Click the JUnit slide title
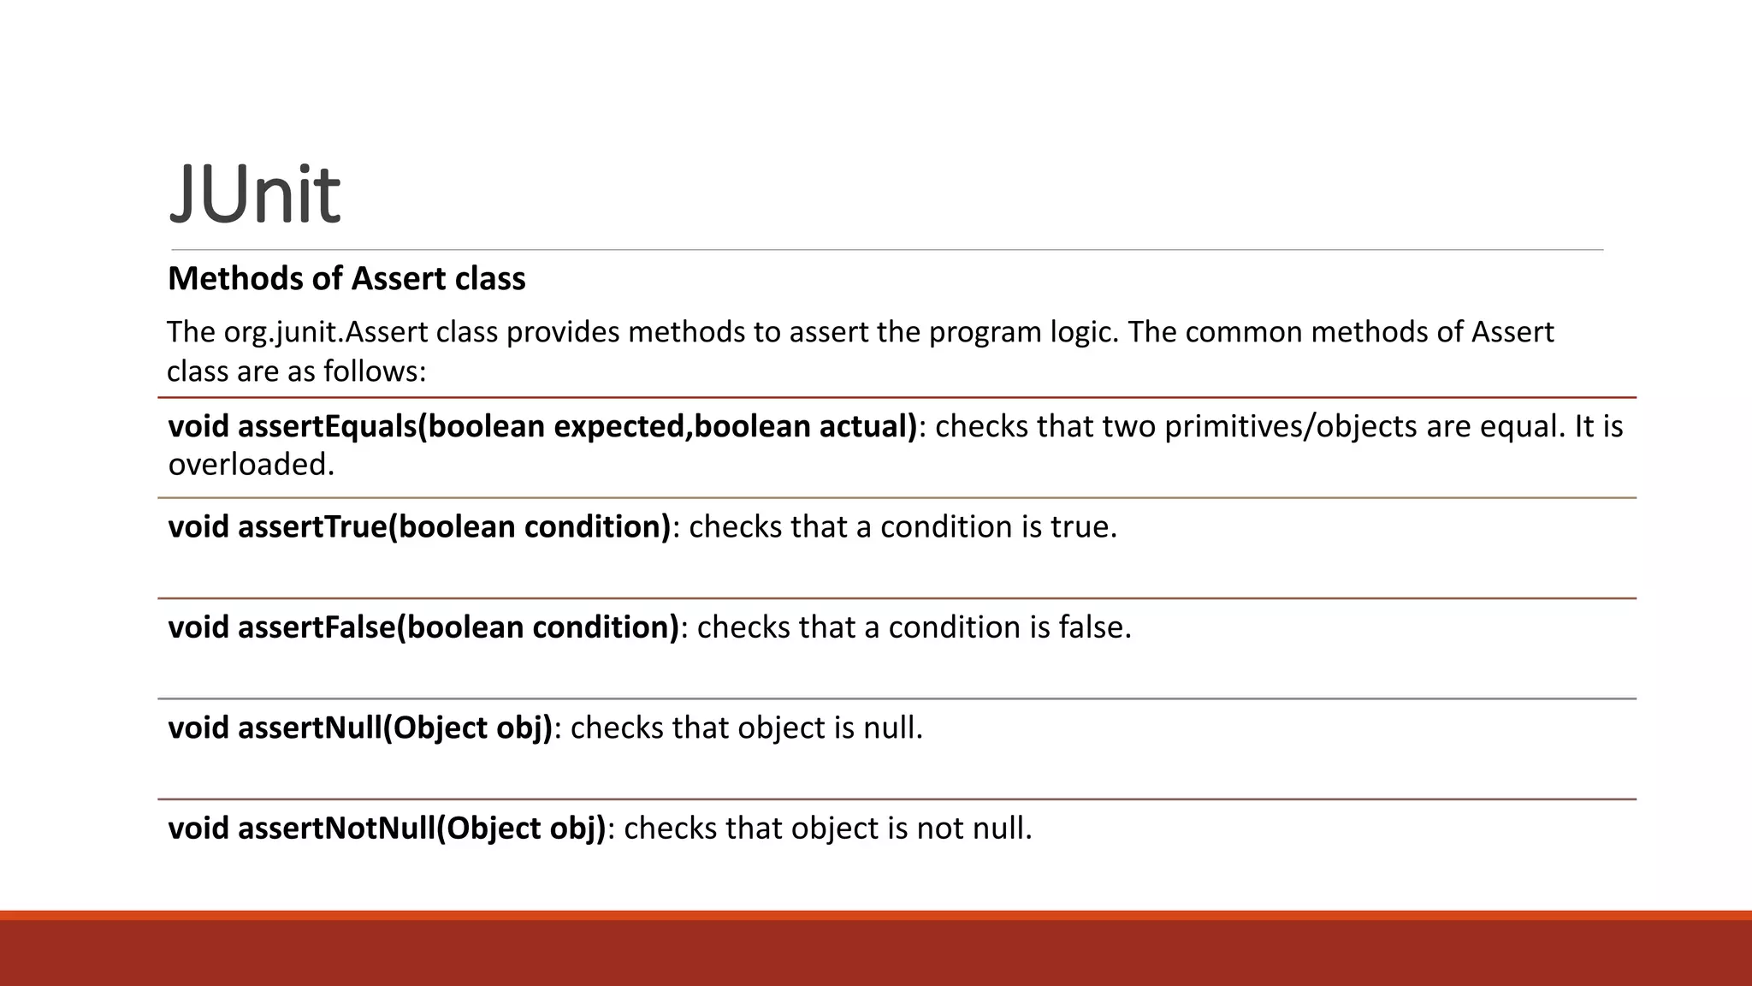click(x=255, y=195)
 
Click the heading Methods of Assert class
click(x=346, y=279)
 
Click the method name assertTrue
click(x=312, y=526)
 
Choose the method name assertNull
click(x=309, y=728)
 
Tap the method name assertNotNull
click(x=336, y=829)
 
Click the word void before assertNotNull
click(x=198, y=829)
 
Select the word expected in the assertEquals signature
click(x=619, y=426)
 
